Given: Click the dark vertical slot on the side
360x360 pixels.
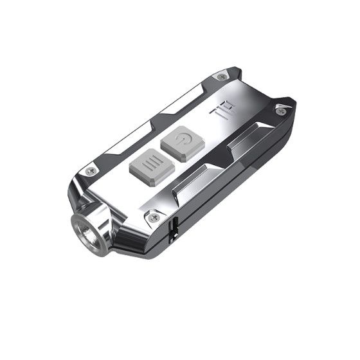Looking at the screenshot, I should (174, 230).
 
